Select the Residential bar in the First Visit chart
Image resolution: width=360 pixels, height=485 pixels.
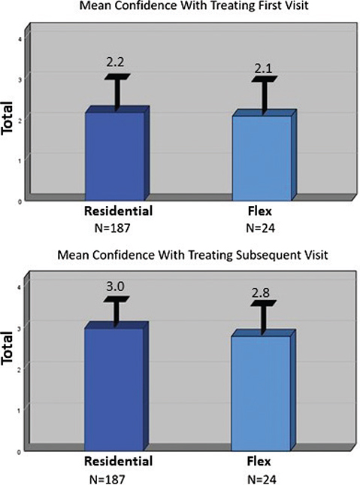(116, 154)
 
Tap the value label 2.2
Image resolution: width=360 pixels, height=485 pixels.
(116, 65)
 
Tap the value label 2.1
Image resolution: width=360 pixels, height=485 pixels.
(263, 68)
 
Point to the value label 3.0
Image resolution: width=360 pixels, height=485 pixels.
(116, 285)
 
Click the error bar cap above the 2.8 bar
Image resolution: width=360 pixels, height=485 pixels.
(263, 303)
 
